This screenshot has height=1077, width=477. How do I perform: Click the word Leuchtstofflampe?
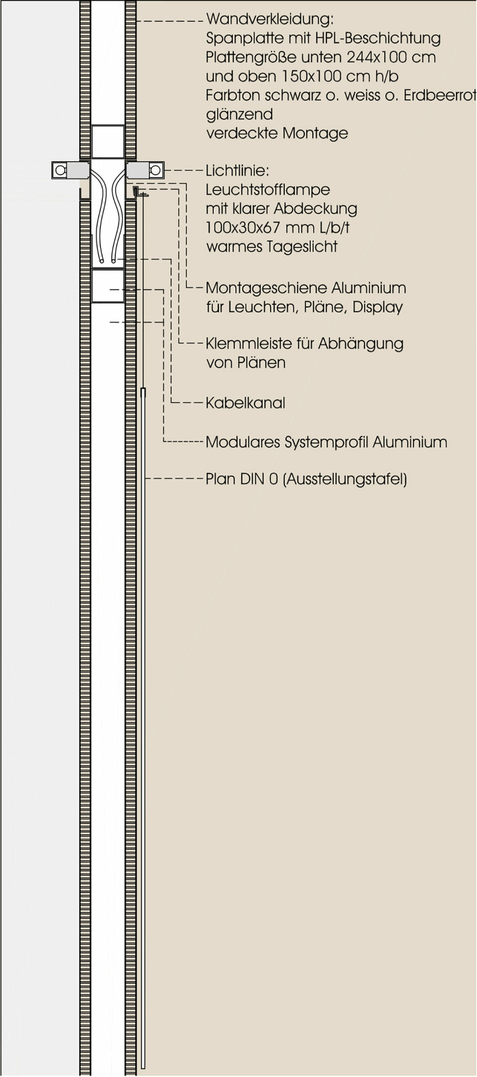point(268,190)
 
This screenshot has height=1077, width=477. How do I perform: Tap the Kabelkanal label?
point(245,403)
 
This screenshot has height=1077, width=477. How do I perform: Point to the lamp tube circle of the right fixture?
point(155,170)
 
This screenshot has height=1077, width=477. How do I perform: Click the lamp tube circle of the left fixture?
point(60,170)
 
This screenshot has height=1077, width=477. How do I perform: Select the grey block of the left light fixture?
point(78,170)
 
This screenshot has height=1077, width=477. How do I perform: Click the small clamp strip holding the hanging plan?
point(139,192)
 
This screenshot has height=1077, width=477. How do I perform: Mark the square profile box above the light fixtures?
point(108,141)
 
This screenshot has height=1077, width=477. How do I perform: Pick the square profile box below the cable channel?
point(108,286)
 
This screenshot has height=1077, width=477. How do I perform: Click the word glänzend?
point(239,114)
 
